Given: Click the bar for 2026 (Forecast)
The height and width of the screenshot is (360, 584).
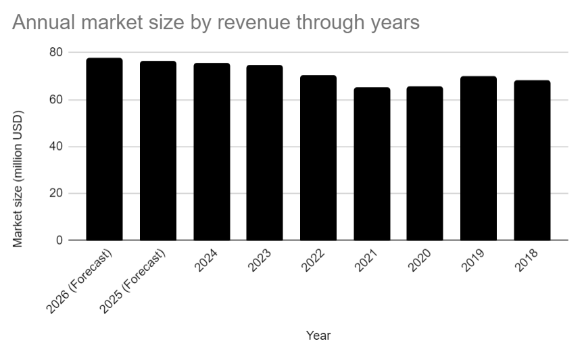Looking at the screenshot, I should coord(104,149).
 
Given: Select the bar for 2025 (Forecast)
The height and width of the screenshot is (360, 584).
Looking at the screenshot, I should coord(158,151).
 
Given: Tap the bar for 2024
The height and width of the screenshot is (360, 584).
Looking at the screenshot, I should coord(212,152).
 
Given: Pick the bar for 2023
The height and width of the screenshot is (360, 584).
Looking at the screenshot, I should coord(264,153).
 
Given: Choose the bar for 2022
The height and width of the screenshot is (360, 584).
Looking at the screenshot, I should coord(318,158).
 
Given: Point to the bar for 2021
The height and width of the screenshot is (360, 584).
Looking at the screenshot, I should coord(372,164).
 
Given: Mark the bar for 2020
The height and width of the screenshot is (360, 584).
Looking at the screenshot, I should coord(425,163).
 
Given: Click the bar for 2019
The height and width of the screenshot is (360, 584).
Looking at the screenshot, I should coord(479,159).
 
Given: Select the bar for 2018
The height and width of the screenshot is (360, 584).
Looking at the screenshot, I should coord(532,161).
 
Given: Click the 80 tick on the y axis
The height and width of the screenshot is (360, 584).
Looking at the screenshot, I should coord(56,53).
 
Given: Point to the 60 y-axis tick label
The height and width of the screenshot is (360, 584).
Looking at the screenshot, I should coord(56,100).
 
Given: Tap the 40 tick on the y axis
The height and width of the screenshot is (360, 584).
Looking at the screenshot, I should coord(56,147).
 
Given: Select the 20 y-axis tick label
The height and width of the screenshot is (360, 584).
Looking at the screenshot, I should coord(56,194).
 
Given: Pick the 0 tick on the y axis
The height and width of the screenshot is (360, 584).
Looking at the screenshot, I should coord(59,240).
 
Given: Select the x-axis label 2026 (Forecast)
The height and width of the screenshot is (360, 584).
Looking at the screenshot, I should coord(80,280).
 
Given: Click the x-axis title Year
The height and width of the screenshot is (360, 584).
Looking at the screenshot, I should coord(318,335).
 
